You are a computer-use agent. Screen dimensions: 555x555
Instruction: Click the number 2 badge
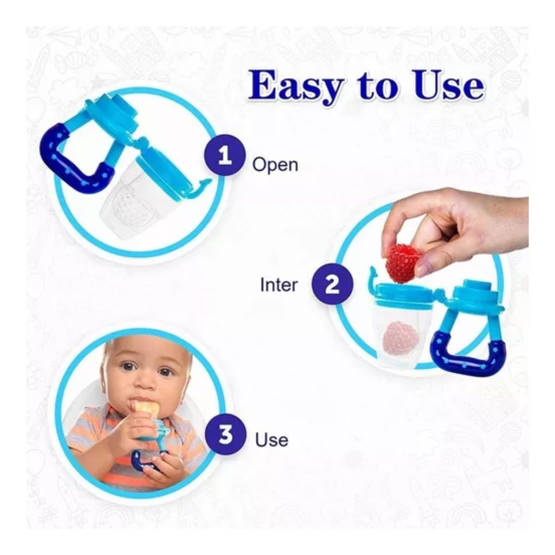coord(333,284)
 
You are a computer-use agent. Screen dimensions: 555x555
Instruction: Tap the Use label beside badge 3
coord(271,448)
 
